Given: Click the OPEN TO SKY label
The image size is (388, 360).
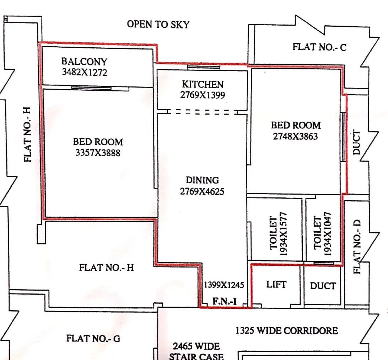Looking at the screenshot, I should point(158,25).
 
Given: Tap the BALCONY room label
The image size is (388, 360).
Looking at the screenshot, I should point(84,62).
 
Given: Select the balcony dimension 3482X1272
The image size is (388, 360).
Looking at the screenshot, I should point(85,72).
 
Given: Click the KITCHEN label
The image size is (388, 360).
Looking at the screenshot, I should point(203,85).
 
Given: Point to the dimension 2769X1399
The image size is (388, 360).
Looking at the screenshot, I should point(203,95).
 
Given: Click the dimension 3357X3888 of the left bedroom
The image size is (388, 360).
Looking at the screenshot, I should point(98,153).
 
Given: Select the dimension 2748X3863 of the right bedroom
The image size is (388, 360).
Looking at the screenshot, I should point(295,136).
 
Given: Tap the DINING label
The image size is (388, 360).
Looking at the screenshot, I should point(203,180).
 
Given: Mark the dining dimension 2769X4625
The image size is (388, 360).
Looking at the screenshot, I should point(202,191).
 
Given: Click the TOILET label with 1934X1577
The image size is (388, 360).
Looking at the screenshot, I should point(273,233).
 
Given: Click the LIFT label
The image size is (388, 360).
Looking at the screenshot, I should point(276,284).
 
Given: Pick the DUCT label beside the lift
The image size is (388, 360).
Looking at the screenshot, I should point(323,286).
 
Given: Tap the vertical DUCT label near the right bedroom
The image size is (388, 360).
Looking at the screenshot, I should point(356,142).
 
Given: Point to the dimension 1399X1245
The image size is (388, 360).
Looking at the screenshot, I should point(223,285).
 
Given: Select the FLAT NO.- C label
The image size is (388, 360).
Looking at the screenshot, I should point(319,47).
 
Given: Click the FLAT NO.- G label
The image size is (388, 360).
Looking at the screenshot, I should point(93,338).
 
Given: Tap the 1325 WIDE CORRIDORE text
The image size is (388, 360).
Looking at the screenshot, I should point(286,331).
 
